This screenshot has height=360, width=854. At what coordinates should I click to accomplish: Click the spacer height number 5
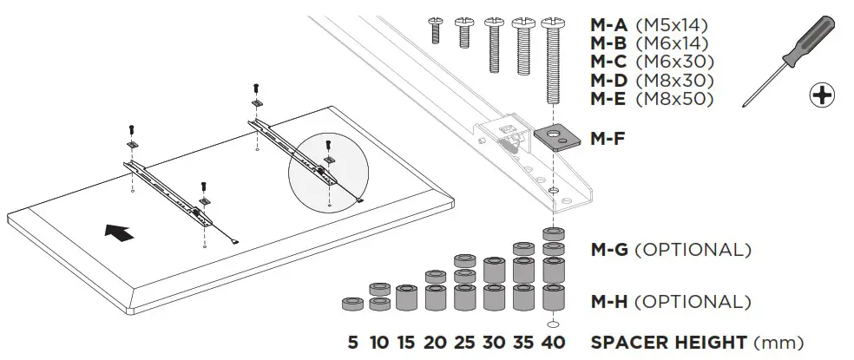pyautogui.click(x=352, y=342)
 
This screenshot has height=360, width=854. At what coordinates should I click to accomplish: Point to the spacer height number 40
pyautogui.click(x=551, y=342)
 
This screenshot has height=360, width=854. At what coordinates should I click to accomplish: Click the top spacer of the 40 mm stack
pyautogui.click(x=551, y=233)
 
